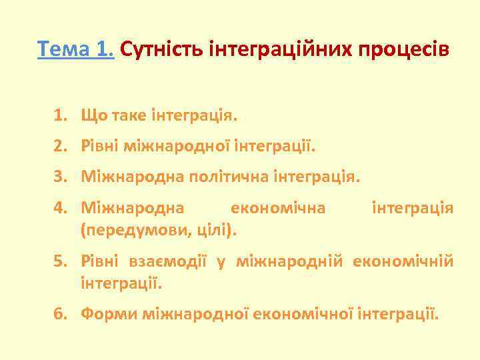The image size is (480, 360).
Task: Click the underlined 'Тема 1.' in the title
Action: coord(77,51)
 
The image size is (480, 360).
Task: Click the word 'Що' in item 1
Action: coord(91,117)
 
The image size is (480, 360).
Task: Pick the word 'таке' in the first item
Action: coord(125,117)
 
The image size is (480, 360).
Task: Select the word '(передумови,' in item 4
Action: coord(120,231)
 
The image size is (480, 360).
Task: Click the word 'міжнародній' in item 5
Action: coord(293,261)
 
